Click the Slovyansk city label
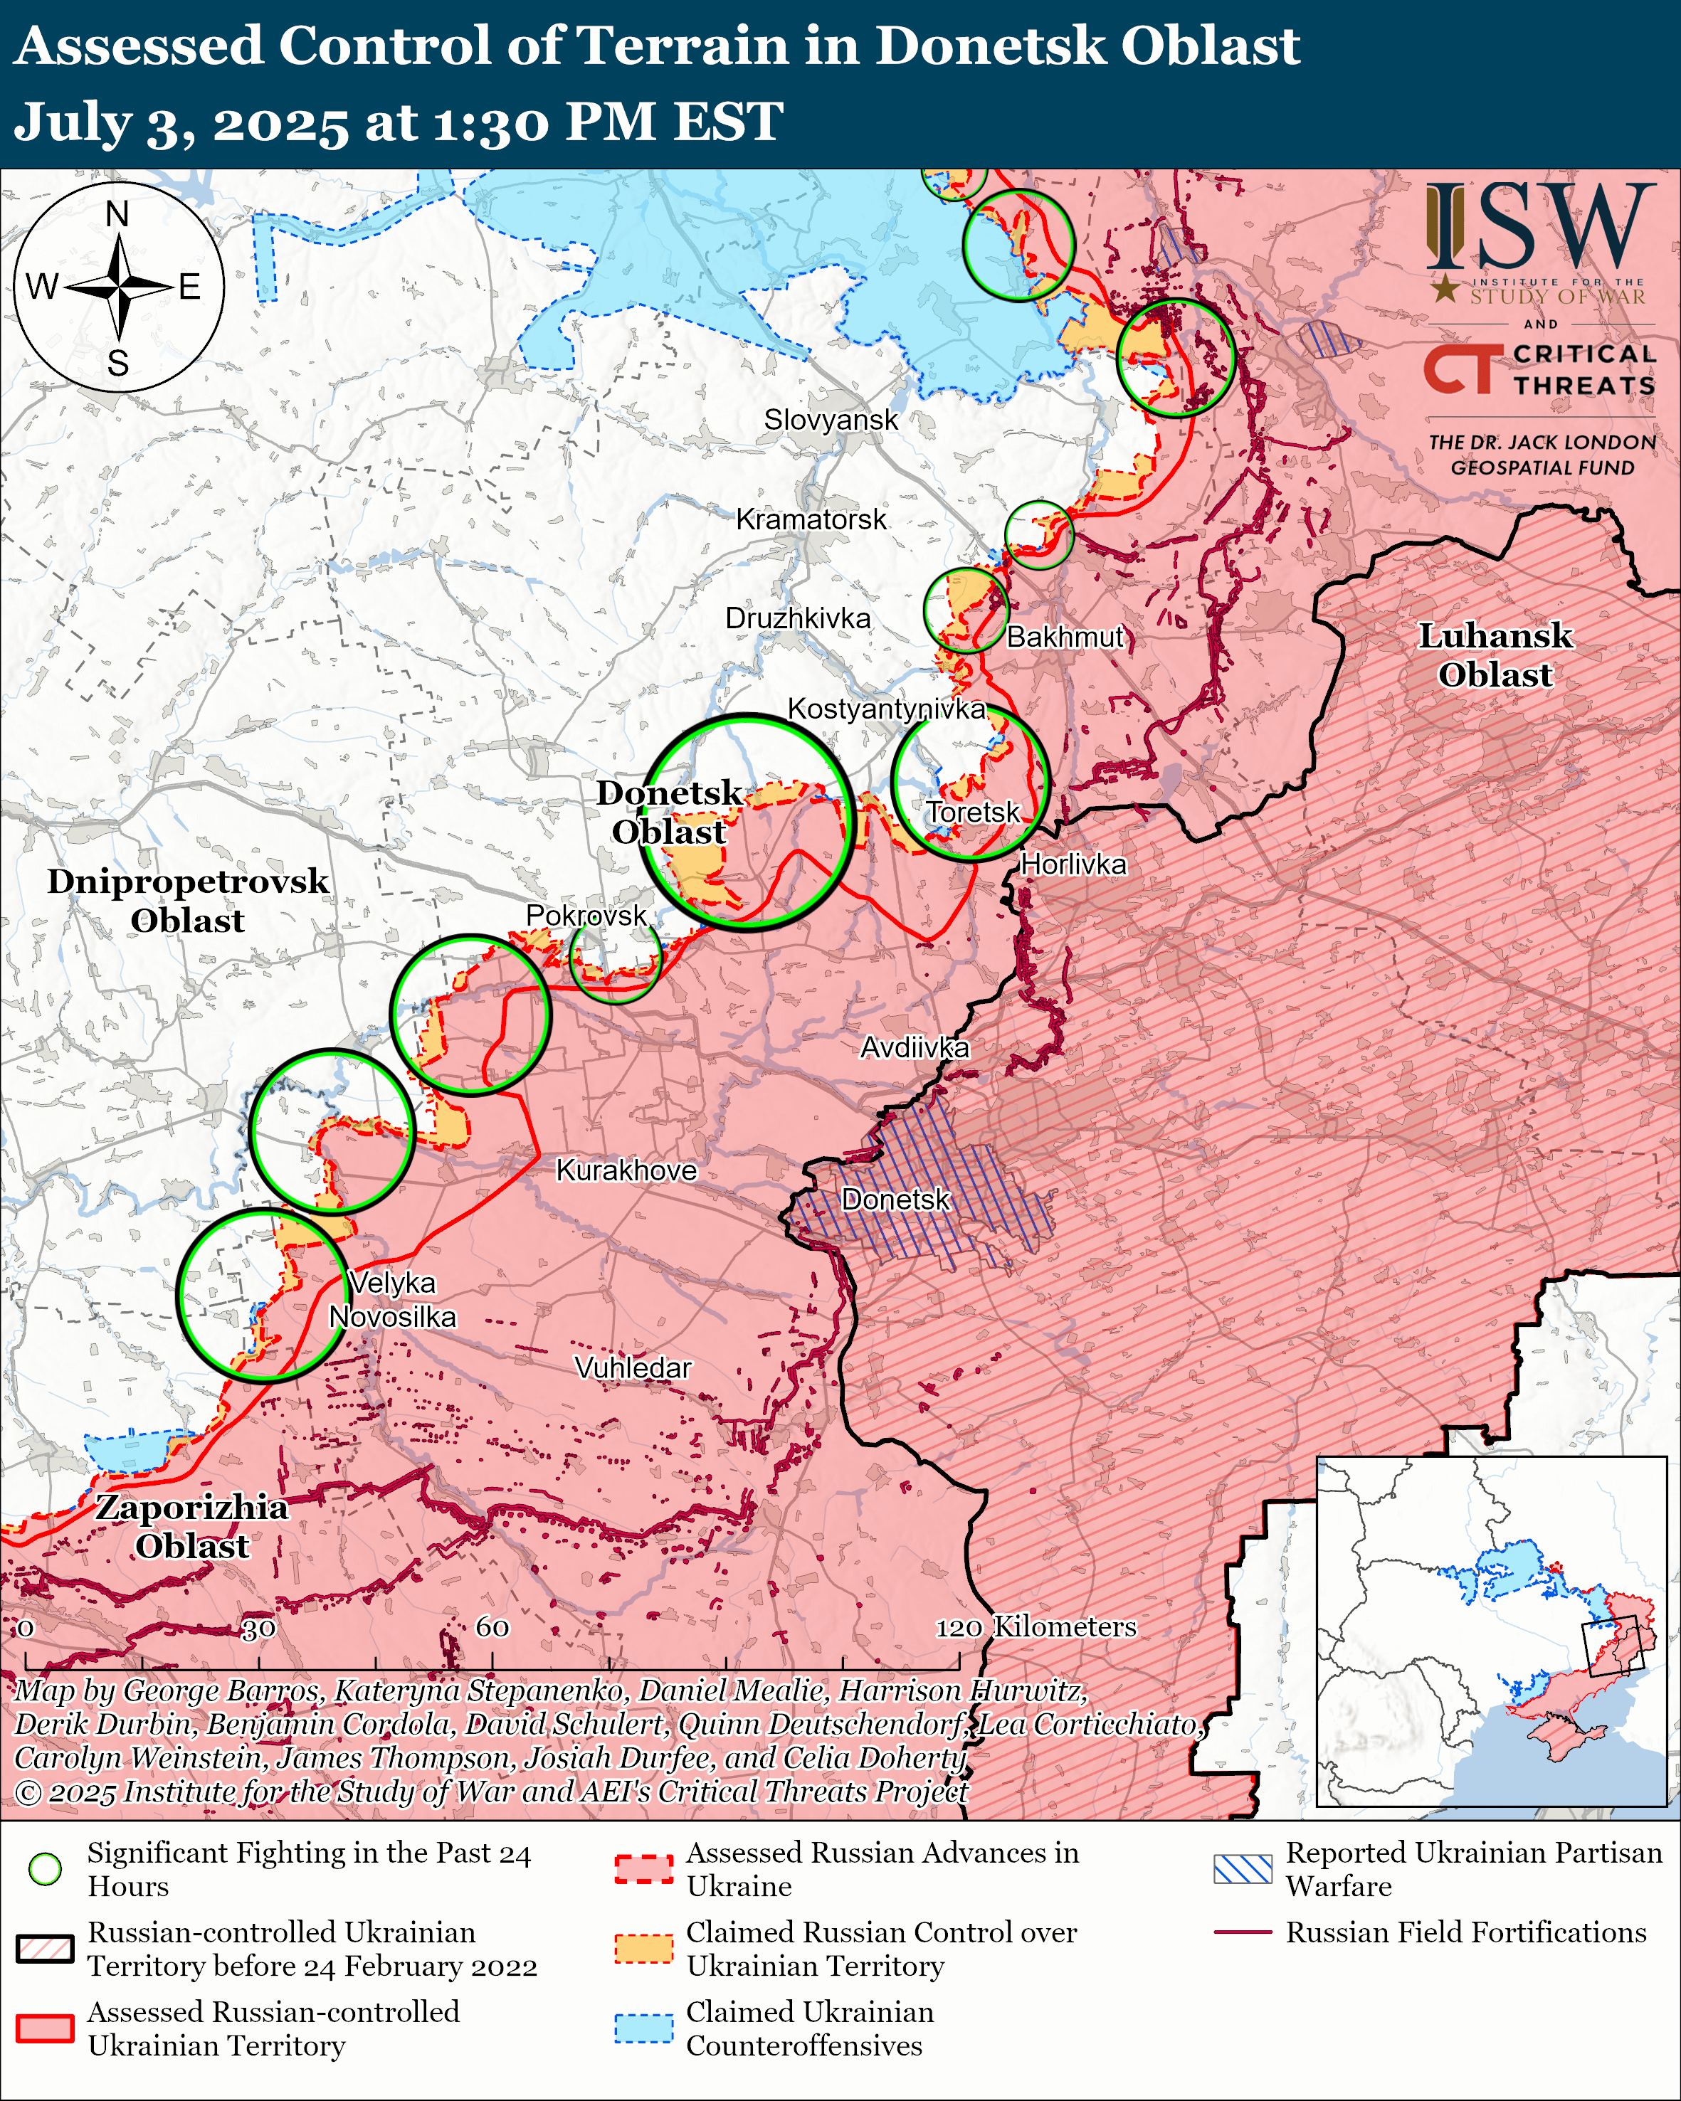point(831,420)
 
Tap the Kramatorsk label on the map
point(811,519)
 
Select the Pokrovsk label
point(586,915)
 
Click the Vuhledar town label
point(633,1367)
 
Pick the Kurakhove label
point(626,1170)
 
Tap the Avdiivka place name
point(914,1047)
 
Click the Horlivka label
point(1073,864)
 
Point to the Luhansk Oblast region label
point(1494,655)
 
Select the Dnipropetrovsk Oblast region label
point(188,901)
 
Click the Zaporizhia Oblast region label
point(192,1526)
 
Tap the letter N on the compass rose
point(117,213)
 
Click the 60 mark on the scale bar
point(492,1626)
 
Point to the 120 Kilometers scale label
point(1036,1626)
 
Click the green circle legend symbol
point(45,1869)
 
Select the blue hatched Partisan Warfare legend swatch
point(1243,1869)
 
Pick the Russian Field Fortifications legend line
point(1243,1932)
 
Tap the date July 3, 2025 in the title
point(180,123)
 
